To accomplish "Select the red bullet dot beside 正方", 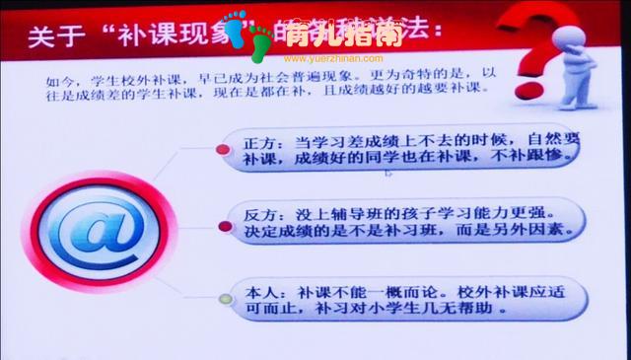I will click(224, 150).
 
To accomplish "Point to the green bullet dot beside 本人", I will click(224, 298).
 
